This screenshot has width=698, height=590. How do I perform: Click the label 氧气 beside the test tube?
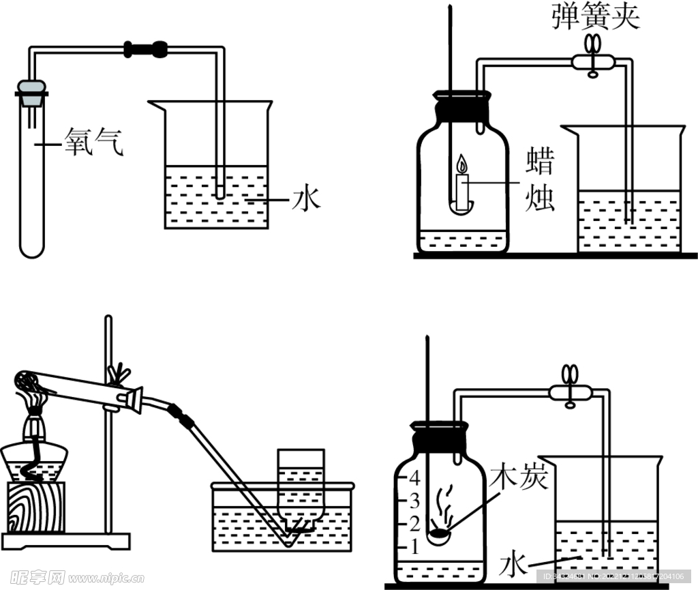click(94, 144)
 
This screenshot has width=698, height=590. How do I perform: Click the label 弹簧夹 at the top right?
click(596, 17)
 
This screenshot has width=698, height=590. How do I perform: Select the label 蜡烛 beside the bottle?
click(539, 179)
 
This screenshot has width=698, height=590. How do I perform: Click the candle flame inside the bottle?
click(462, 165)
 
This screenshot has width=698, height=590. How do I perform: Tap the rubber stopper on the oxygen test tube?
click(31, 93)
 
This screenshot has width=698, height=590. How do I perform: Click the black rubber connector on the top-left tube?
click(145, 48)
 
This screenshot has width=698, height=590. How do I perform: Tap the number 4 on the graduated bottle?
click(412, 478)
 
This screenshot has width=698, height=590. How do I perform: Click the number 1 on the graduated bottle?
click(412, 546)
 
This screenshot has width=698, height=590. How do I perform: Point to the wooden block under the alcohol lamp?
click(35, 507)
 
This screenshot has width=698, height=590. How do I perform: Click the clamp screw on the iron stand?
click(121, 374)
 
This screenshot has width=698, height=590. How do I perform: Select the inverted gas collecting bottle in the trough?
click(300, 484)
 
